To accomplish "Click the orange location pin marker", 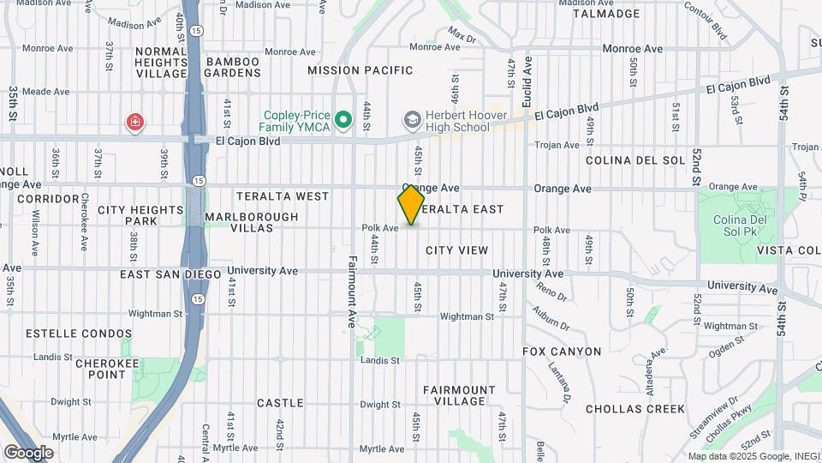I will [x=411, y=204].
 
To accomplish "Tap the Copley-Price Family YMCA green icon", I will [x=344, y=120].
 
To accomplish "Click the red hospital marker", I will [x=134, y=123].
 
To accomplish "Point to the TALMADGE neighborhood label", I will [x=605, y=14].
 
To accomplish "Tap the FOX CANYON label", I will [x=562, y=352].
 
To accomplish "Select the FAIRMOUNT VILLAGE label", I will [x=459, y=395].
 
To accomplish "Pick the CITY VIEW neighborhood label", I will [x=457, y=250].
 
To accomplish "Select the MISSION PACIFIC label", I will [x=360, y=70].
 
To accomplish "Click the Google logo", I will [x=28, y=452].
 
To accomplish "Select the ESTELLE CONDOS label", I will [x=79, y=334].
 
